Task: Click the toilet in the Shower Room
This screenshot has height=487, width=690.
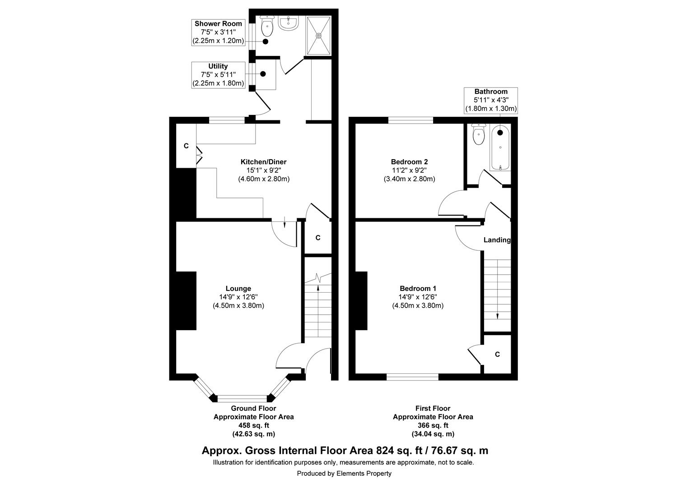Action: (x=267, y=27)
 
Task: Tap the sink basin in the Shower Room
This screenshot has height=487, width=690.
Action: (x=288, y=23)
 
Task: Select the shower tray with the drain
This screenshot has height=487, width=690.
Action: (x=319, y=35)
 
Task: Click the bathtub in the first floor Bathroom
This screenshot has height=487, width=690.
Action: (x=500, y=147)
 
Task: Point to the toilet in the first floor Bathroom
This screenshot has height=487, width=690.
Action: (x=478, y=134)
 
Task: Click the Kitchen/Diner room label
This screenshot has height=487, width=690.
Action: (x=263, y=162)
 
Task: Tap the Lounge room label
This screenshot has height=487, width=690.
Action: (x=238, y=289)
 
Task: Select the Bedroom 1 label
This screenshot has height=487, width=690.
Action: (x=418, y=289)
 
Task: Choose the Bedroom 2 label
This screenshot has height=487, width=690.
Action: (x=409, y=162)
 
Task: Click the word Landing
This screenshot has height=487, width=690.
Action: (x=497, y=240)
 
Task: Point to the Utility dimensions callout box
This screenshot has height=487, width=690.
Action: (x=218, y=75)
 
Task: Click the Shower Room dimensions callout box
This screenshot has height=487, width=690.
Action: (x=218, y=32)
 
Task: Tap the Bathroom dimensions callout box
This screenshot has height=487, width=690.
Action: (x=491, y=100)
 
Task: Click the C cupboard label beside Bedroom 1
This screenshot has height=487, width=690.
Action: (x=497, y=354)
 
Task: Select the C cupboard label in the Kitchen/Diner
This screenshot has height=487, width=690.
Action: (x=186, y=146)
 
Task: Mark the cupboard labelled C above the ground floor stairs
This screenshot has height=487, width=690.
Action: (x=318, y=238)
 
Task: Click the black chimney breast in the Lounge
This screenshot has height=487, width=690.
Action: (x=186, y=300)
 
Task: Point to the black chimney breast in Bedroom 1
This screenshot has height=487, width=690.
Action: (x=361, y=300)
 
